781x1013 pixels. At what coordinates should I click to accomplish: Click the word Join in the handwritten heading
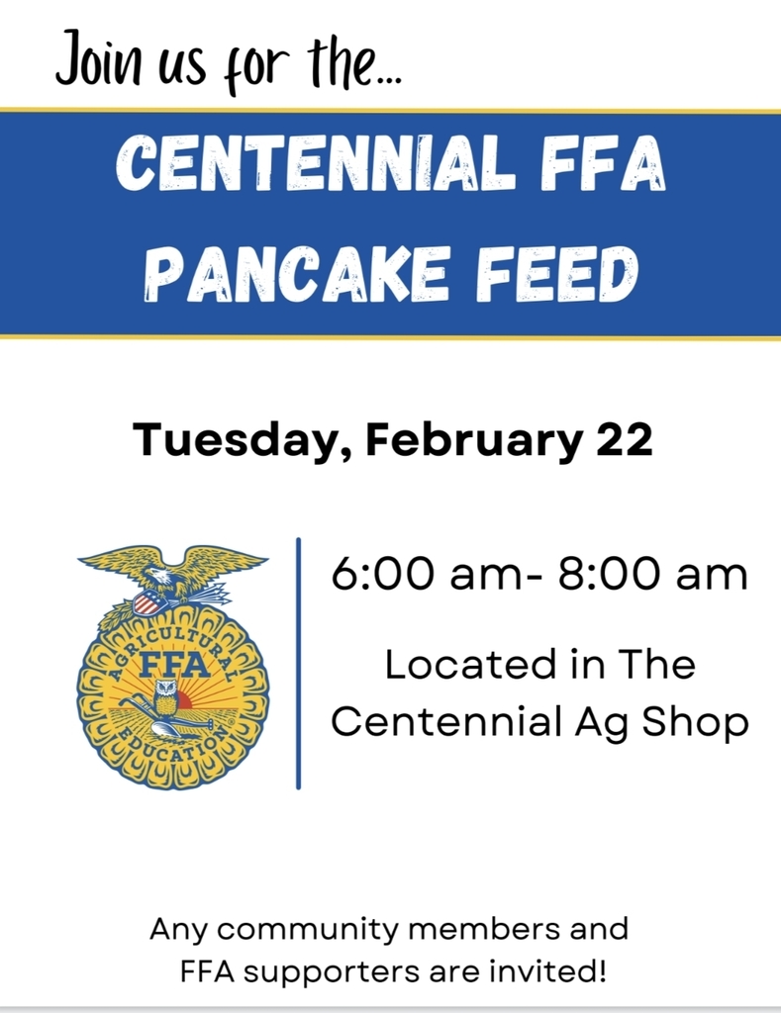tap(98, 58)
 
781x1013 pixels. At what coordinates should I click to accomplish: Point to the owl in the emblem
tap(166, 696)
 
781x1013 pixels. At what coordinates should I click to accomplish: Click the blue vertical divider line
tap(298, 663)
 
